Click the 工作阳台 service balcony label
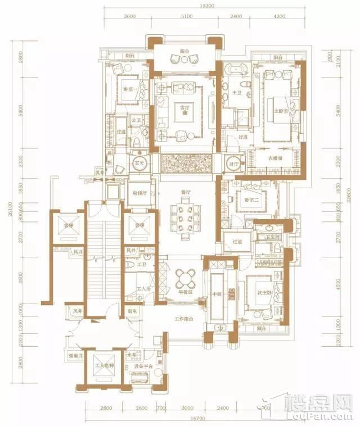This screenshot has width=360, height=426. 184,319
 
